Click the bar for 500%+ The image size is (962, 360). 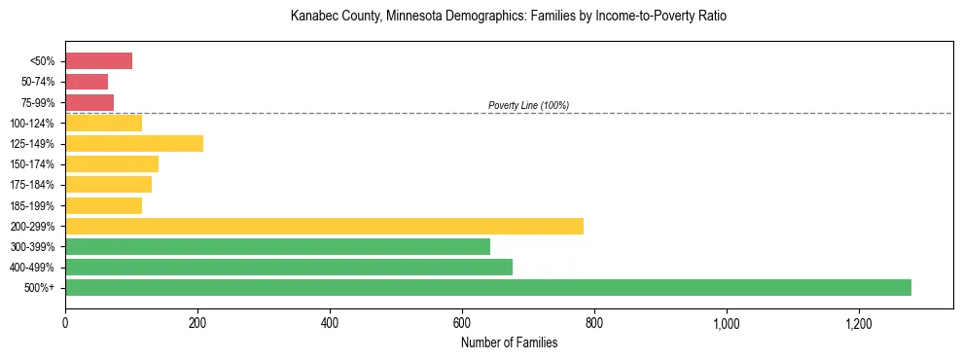488,288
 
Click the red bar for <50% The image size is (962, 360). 98,61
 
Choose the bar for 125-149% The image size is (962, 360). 134,144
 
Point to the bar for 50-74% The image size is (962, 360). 87,82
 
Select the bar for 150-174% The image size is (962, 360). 112,164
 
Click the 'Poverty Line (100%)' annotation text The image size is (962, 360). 528,105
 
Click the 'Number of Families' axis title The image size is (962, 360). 509,342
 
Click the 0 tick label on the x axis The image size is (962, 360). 65,323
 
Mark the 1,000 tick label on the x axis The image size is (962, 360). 727,323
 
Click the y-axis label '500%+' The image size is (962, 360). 41,288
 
